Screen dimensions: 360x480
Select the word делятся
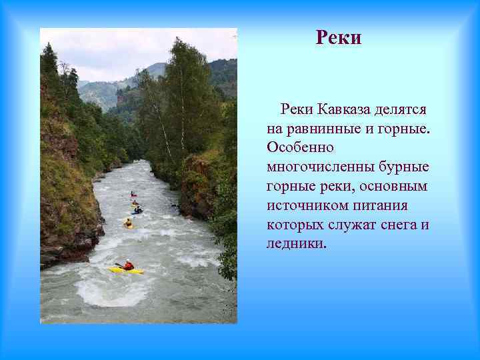pos(403,109)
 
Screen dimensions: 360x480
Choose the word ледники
pos(296,243)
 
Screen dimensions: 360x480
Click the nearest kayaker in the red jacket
pos(128,265)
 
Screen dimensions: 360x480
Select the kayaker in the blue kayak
pos(137,210)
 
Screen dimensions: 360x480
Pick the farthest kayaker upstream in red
pos(133,194)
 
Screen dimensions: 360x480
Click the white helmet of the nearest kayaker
pos(127,261)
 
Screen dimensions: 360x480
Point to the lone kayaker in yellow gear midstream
pos(127,223)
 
